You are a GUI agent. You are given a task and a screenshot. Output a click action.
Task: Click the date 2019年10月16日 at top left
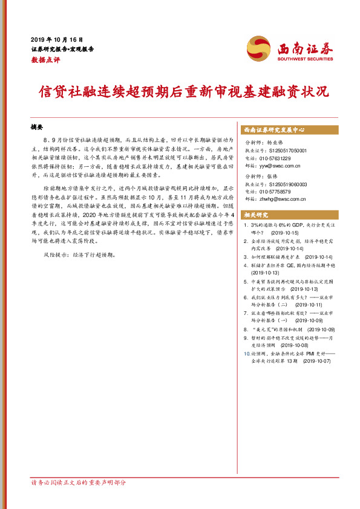[x=57, y=39]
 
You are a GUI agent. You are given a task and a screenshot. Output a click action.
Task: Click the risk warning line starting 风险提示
[x=77, y=255]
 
